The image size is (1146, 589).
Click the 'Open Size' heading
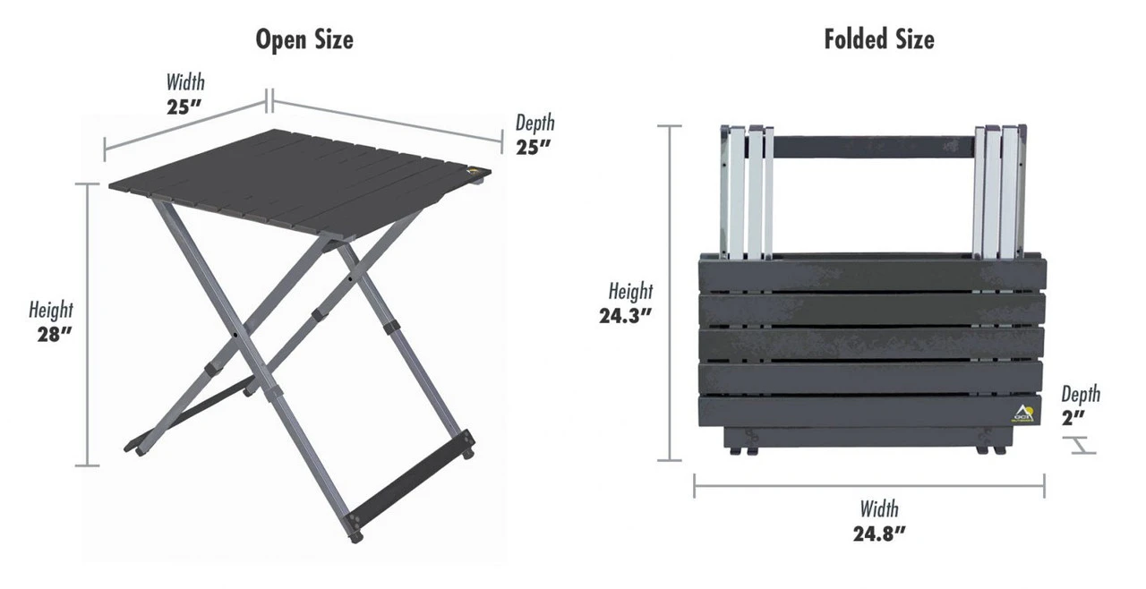(x=304, y=39)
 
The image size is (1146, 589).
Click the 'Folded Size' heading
(x=878, y=39)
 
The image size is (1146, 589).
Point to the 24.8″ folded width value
(x=878, y=534)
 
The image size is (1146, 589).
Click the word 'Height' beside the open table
(x=51, y=311)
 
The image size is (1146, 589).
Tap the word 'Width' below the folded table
(x=878, y=509)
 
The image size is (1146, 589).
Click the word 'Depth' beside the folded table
(x=1081, y=394)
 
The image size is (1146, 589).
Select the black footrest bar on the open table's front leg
(x=411, y=480)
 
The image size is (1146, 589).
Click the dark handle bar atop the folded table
(x=873, y=147)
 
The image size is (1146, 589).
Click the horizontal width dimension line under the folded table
(x=868, y=486)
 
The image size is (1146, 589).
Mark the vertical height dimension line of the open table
(x=87, y=324)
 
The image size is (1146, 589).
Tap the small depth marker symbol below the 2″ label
(x=1082, y=445)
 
